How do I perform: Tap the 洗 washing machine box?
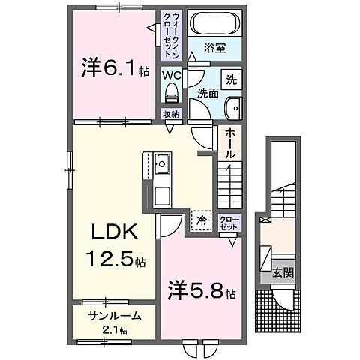pyautogui.click(x=232, y=79)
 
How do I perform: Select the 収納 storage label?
pyautogui.click(x=170, y=115)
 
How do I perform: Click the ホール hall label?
pyautogui.click(x=231, y=142)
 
